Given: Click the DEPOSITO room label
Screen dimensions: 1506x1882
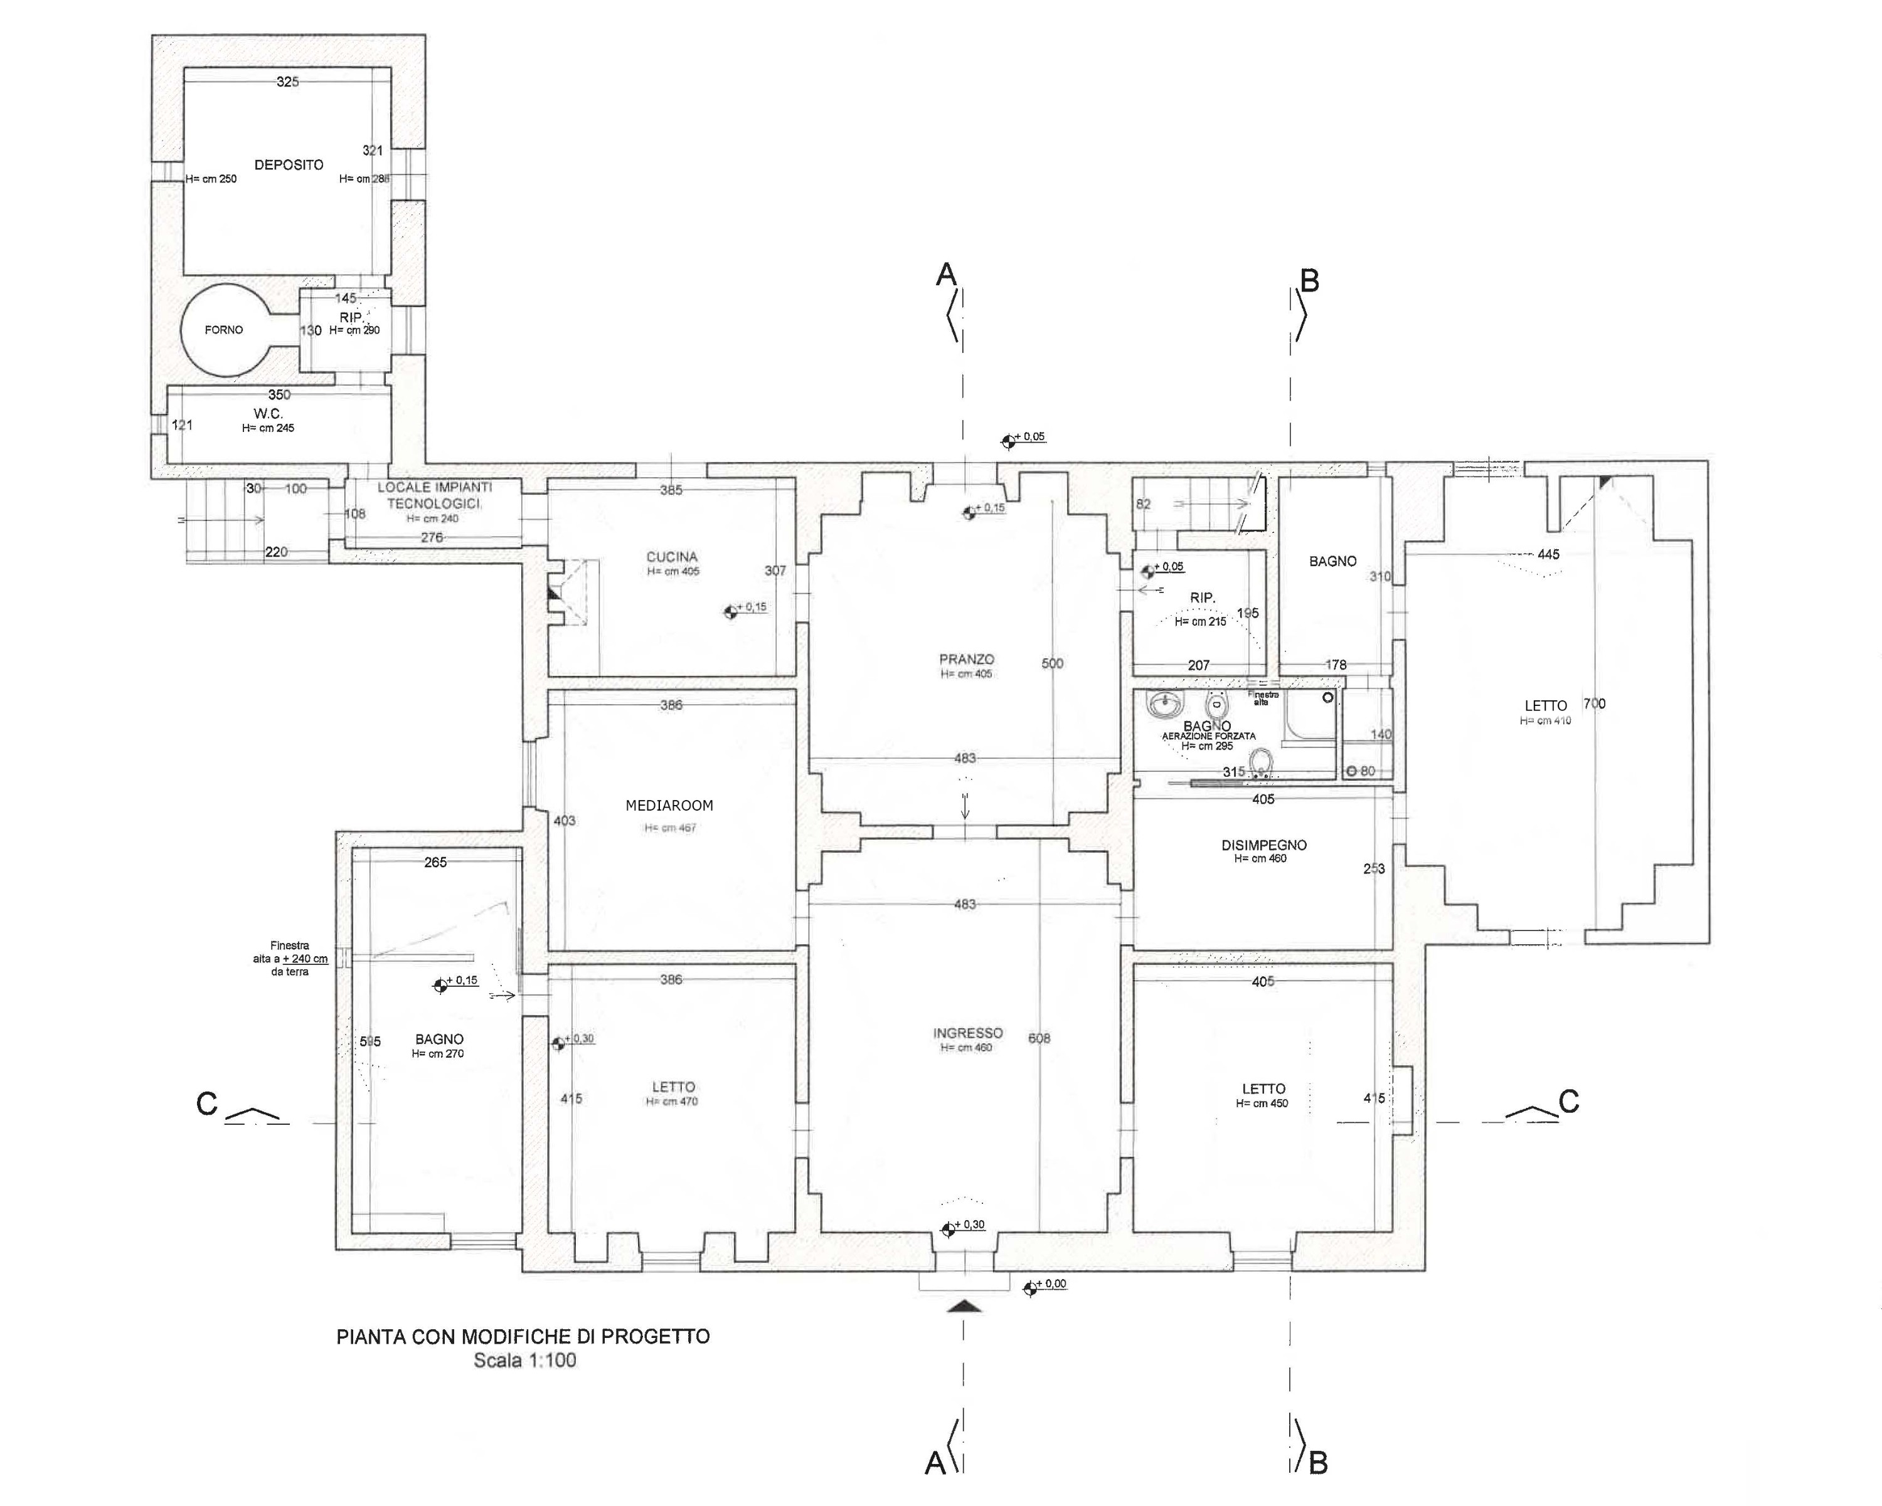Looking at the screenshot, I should point(289,165).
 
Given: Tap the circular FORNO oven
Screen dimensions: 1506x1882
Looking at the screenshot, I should point(223,330).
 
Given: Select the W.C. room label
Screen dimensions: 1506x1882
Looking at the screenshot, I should point(268,414).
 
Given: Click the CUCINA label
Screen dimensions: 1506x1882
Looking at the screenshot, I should point(672,557).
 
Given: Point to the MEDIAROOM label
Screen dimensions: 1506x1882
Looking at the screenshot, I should point(669,805).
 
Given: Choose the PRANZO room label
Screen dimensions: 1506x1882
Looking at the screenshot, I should point(966,660).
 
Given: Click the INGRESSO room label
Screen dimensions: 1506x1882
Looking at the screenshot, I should point(967,1033).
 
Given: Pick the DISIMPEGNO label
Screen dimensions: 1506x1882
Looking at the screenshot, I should point(1263,845).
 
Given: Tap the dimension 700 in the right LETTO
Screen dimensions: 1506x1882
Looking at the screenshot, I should point(1594,703).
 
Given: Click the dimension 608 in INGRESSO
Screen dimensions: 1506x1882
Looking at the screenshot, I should point(1039,1038).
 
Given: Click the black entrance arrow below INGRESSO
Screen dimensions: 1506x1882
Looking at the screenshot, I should point(964,1306).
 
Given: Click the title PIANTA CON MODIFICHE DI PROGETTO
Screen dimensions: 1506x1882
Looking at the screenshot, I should point(523,1336).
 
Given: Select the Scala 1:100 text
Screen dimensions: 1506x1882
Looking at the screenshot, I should point(524,1361).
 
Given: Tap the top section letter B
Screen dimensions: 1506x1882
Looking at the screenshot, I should point(1309,281).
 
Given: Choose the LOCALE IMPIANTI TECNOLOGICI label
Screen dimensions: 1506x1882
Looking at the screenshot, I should point(434,495).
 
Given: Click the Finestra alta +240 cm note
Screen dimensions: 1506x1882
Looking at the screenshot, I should point(290,958).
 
